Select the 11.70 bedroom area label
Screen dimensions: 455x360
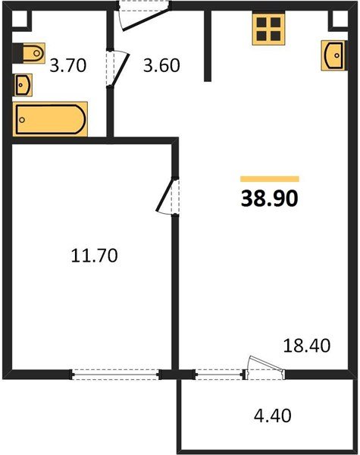[93, 256]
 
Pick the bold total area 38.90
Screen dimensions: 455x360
[269, 199]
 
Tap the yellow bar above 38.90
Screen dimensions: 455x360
[269, 179]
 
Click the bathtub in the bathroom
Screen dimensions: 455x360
[49, 118]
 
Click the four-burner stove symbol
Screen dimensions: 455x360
[267, 30]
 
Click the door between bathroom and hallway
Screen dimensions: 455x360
[115, 69]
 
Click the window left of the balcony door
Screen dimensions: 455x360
[221, 372]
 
